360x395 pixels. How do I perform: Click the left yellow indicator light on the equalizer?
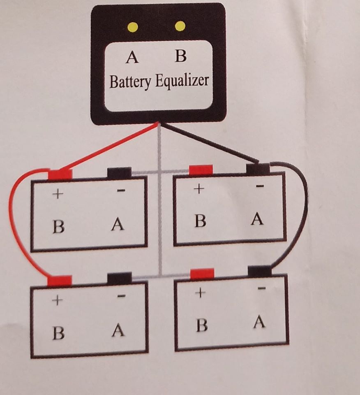pos(132,27)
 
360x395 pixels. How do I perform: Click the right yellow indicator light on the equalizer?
pos(180,26)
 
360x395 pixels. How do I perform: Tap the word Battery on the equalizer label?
pos(130,81)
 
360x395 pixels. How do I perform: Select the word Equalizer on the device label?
pos(182,81)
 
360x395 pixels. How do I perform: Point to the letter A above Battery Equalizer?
pos(132,57)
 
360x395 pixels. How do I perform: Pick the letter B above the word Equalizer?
pos(180,56)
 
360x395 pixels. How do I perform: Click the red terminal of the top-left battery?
pos(60,174)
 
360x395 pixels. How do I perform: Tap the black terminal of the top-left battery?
pos(119,173)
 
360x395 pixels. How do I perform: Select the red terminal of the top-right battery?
pos(201,170)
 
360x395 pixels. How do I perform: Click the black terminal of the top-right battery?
pos(258,168)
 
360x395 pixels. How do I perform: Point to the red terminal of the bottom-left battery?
pos(60,281)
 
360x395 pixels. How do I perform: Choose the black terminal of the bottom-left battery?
pos(119,278)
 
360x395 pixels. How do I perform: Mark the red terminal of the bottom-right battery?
pos(202,274)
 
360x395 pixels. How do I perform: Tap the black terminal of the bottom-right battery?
pos(260,271)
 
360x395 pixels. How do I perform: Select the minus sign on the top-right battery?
pos(259,186)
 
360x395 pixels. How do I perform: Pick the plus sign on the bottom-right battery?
pos(200,293)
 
